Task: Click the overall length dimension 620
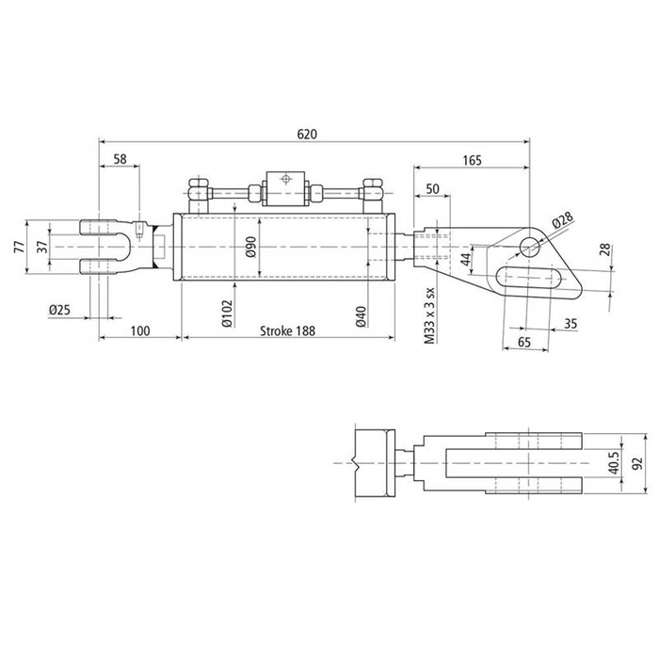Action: (x=307, y=134)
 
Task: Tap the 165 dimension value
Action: (x=472, y=161)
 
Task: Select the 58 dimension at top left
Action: (x=120, y=161)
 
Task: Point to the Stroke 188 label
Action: (x=286, y=331)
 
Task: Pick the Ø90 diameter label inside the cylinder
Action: (x=250, y=247)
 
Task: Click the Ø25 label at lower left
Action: (x=61, y=309)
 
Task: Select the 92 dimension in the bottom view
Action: (x=636, y=466)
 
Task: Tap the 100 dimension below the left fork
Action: (x=139, y=331)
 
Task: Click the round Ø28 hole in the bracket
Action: (x=530, y=247)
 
